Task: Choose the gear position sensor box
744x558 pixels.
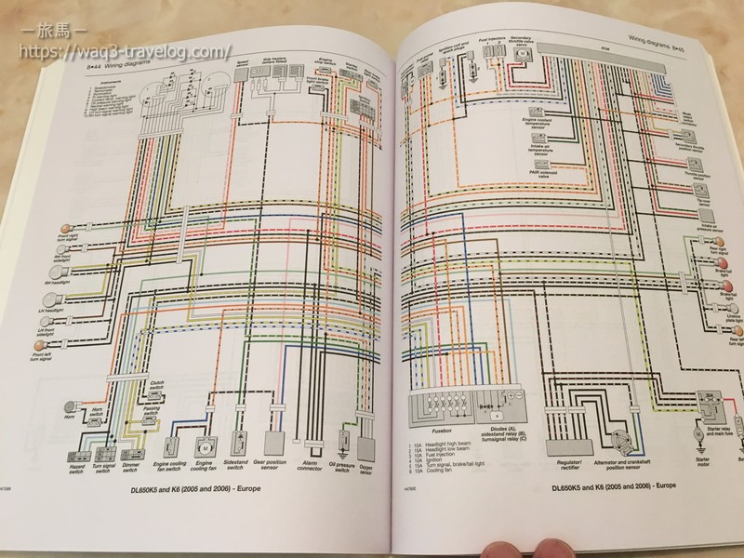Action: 276,441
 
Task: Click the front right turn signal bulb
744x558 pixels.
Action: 64,228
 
